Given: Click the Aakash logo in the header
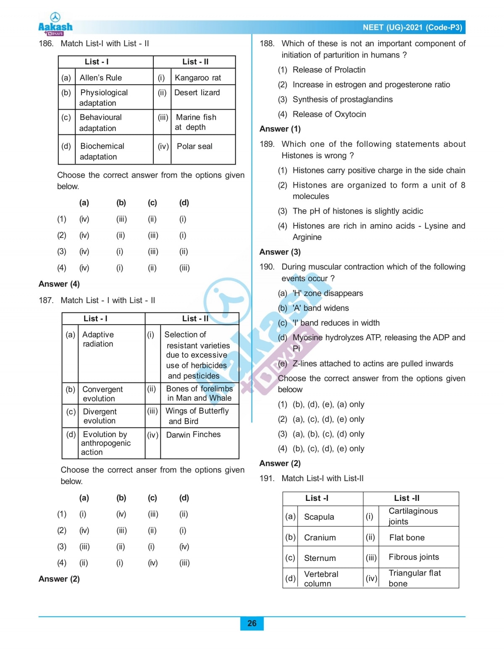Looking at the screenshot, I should [55, 24].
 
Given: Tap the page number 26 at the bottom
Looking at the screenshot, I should [252, 623].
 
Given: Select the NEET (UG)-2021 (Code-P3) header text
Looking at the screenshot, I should [412, 28].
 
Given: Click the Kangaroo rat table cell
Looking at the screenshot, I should [198, 78].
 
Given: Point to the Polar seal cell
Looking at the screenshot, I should [194, 147].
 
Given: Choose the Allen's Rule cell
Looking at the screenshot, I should [101, 78].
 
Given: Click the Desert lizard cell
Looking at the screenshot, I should [197, 93].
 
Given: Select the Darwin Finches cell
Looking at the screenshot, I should [193, 435].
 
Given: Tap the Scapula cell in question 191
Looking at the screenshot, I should [319, 517].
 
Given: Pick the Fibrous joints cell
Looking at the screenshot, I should [414, 557].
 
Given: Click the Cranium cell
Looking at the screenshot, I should [320, 538].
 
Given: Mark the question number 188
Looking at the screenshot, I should [267, 44].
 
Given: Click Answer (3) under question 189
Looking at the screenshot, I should [280, 252].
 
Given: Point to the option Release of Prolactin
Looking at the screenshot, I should [329, 70].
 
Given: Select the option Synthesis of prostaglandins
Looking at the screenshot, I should [342, 100].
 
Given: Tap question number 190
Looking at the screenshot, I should [267, 267].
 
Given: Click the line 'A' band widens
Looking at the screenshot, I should [320, 308].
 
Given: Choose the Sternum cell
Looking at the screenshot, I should [320, 558].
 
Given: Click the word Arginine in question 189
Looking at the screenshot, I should [307, 237].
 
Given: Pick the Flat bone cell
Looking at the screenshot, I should [407, 538].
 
